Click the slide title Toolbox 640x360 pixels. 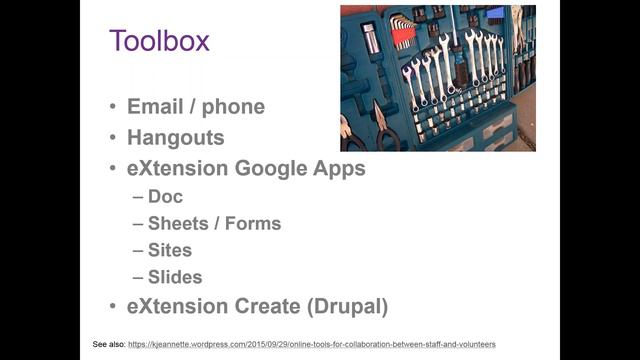click(159, 41)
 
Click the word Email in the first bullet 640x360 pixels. click(154, 107)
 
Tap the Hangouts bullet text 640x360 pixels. click(175, 137)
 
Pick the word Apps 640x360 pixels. click(340, 168)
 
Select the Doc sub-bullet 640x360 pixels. click(165, 197)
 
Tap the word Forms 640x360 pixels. click(254, 223)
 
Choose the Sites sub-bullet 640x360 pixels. click(169, 250)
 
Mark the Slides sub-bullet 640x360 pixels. click(175, 277)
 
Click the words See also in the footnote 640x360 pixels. click(108, 344)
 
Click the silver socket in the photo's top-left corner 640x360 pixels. click(370, 38)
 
